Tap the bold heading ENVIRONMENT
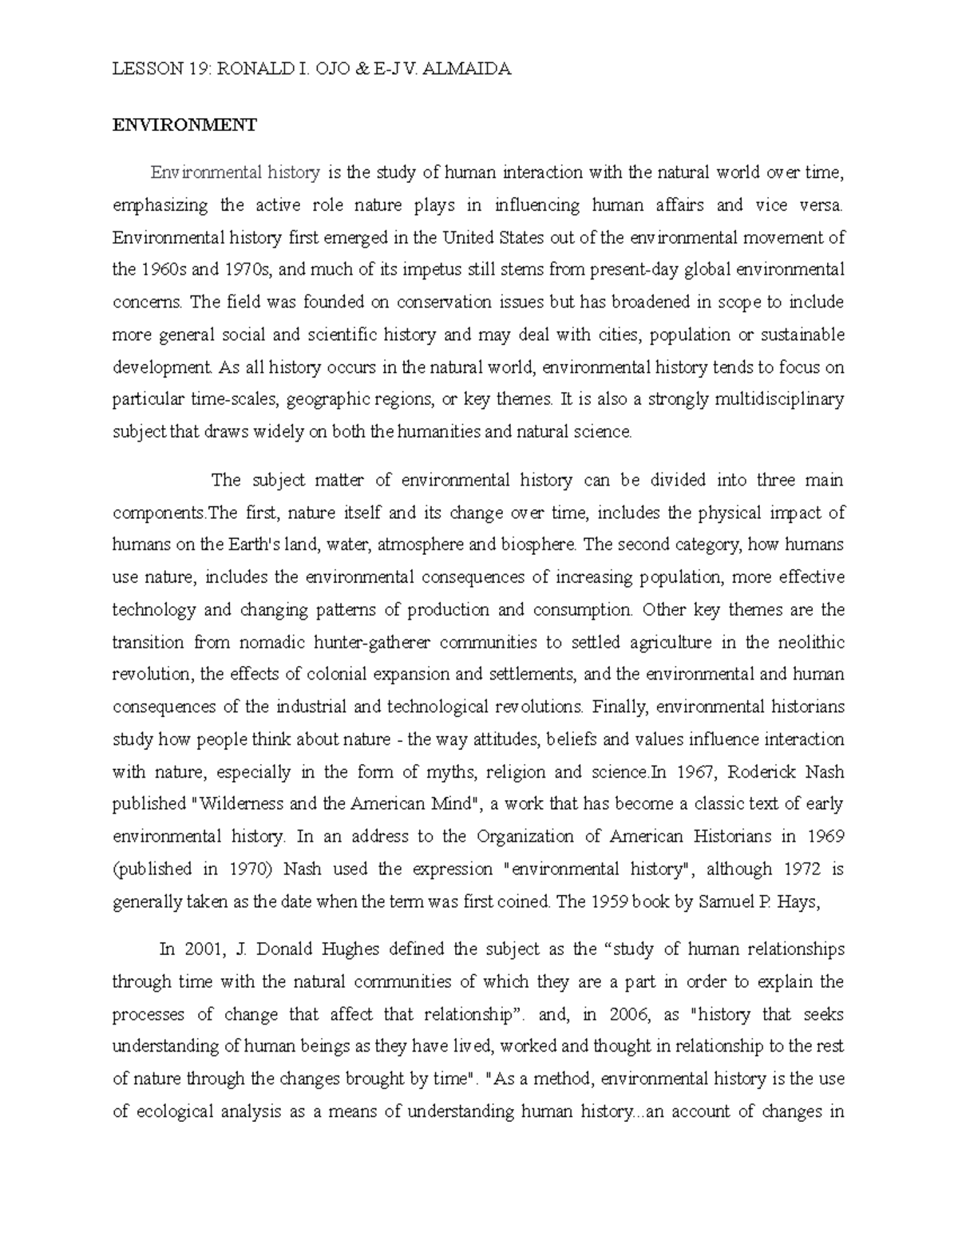click(184, 125)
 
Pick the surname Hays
click(798, 901)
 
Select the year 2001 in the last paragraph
click(200, 949)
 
